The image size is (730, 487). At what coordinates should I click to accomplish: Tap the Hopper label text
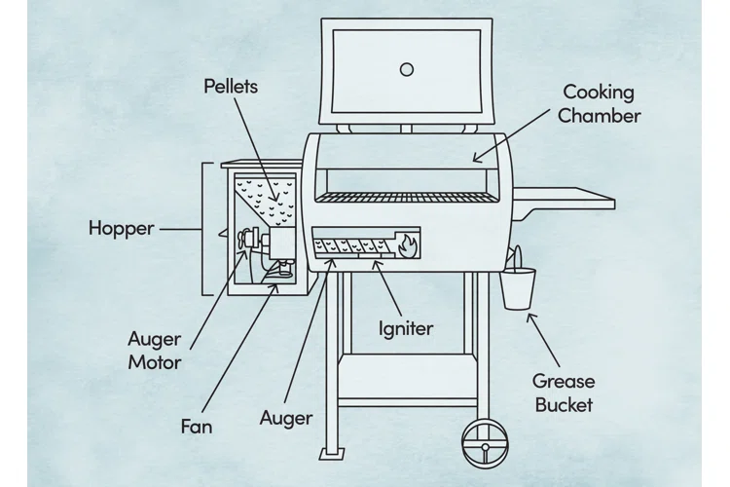122,229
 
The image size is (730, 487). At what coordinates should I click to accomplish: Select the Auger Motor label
155,351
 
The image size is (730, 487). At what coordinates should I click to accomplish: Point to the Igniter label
406,328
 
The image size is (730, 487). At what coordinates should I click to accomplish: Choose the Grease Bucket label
563,393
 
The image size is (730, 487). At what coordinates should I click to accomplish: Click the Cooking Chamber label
599,104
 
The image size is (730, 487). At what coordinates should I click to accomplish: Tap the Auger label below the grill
286,419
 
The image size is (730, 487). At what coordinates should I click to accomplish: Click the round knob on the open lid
407,69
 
